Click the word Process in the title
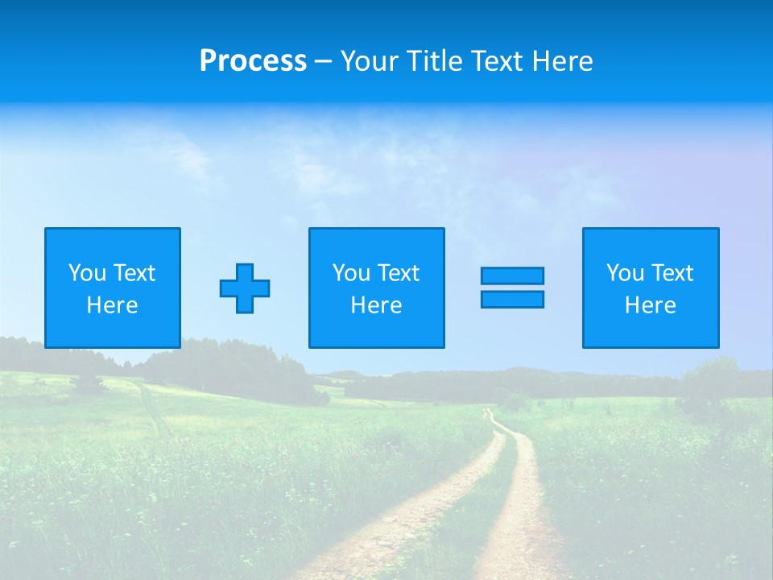point(253,61)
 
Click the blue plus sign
point(245,288)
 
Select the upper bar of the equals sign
point(512,275)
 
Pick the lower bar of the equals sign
point(512,299)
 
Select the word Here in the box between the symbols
point(376,305)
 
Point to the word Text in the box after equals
point(673,273)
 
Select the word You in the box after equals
point(625,273)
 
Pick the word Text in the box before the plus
point(134,273)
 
